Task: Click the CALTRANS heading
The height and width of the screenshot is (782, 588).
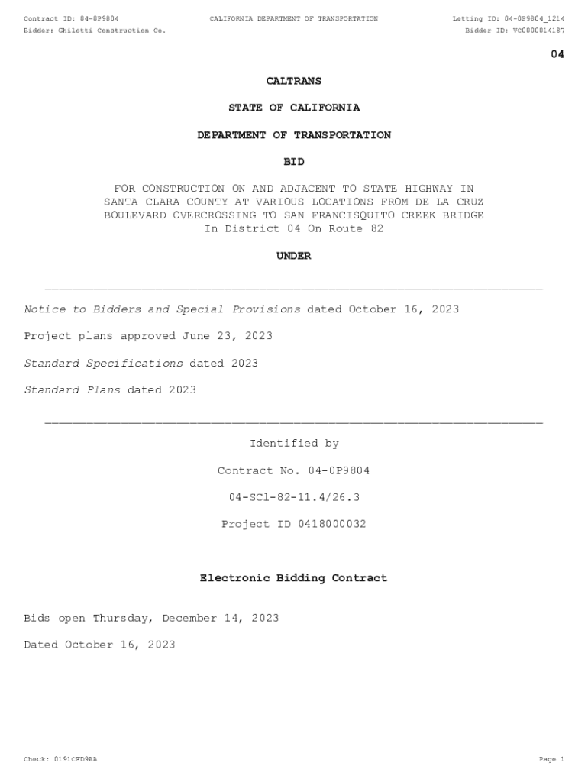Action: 294,81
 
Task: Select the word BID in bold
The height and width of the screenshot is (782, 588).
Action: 294,162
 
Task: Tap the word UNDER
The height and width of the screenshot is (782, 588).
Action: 294,257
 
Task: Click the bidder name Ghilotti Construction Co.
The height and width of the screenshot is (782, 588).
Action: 111,31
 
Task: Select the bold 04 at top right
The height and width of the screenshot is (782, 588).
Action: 557,54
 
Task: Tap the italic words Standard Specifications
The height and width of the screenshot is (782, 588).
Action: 104,364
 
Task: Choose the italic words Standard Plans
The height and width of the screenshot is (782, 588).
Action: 73,390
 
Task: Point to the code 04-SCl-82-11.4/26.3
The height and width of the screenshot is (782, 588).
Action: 294,498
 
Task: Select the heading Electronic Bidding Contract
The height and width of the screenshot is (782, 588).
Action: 294,579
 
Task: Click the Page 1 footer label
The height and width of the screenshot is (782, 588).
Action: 551,760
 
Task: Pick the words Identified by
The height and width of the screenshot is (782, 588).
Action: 294,444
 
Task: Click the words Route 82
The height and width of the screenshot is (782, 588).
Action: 355,229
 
